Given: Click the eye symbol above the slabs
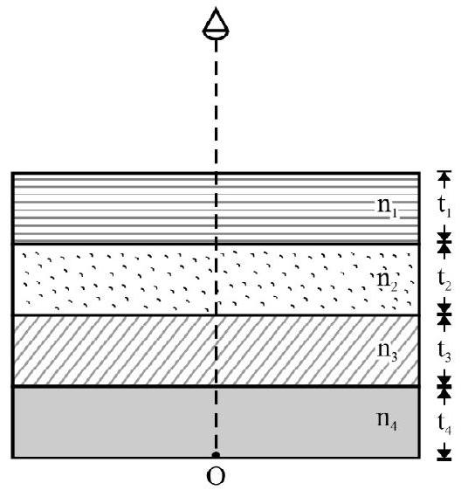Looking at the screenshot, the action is (216, 24).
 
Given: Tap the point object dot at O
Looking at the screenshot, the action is (216, 455).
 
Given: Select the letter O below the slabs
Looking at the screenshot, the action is (216, 476).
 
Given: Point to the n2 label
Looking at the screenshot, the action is (388, 281).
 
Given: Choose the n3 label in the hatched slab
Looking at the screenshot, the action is (388, 352).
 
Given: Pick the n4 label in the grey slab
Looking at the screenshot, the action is (388, 421).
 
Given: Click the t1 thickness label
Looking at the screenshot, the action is (444, 207).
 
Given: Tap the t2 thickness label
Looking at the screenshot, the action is (444, 280).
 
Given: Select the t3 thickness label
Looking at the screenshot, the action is (444, 351).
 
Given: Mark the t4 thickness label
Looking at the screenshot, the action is (444, 424).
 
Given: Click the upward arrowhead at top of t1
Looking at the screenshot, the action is (444, 176).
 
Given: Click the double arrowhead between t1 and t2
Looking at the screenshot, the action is (444, 243).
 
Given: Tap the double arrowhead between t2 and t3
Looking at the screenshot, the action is (444, 314).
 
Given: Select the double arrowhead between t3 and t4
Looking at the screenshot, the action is (444, 387).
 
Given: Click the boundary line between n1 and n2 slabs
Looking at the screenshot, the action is (216, 244).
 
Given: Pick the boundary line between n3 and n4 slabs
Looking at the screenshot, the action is (216, 387).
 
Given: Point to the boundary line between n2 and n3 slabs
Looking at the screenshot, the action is (216, 315).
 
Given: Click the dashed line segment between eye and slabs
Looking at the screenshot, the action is (216, 107).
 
